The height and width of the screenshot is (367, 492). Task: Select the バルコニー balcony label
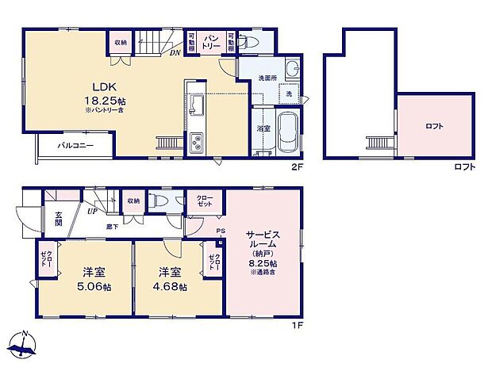(75, 146)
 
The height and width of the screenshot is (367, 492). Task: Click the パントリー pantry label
(210, 42)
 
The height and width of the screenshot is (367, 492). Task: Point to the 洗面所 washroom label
(269, 78)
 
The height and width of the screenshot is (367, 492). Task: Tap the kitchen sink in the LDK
(197, 105)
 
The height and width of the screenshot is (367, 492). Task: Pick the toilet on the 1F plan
(161, 201)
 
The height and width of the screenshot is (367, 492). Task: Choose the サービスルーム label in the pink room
(262, 240)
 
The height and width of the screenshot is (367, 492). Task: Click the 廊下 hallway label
(113, 226)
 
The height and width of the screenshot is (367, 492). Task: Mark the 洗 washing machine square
(288, 94)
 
